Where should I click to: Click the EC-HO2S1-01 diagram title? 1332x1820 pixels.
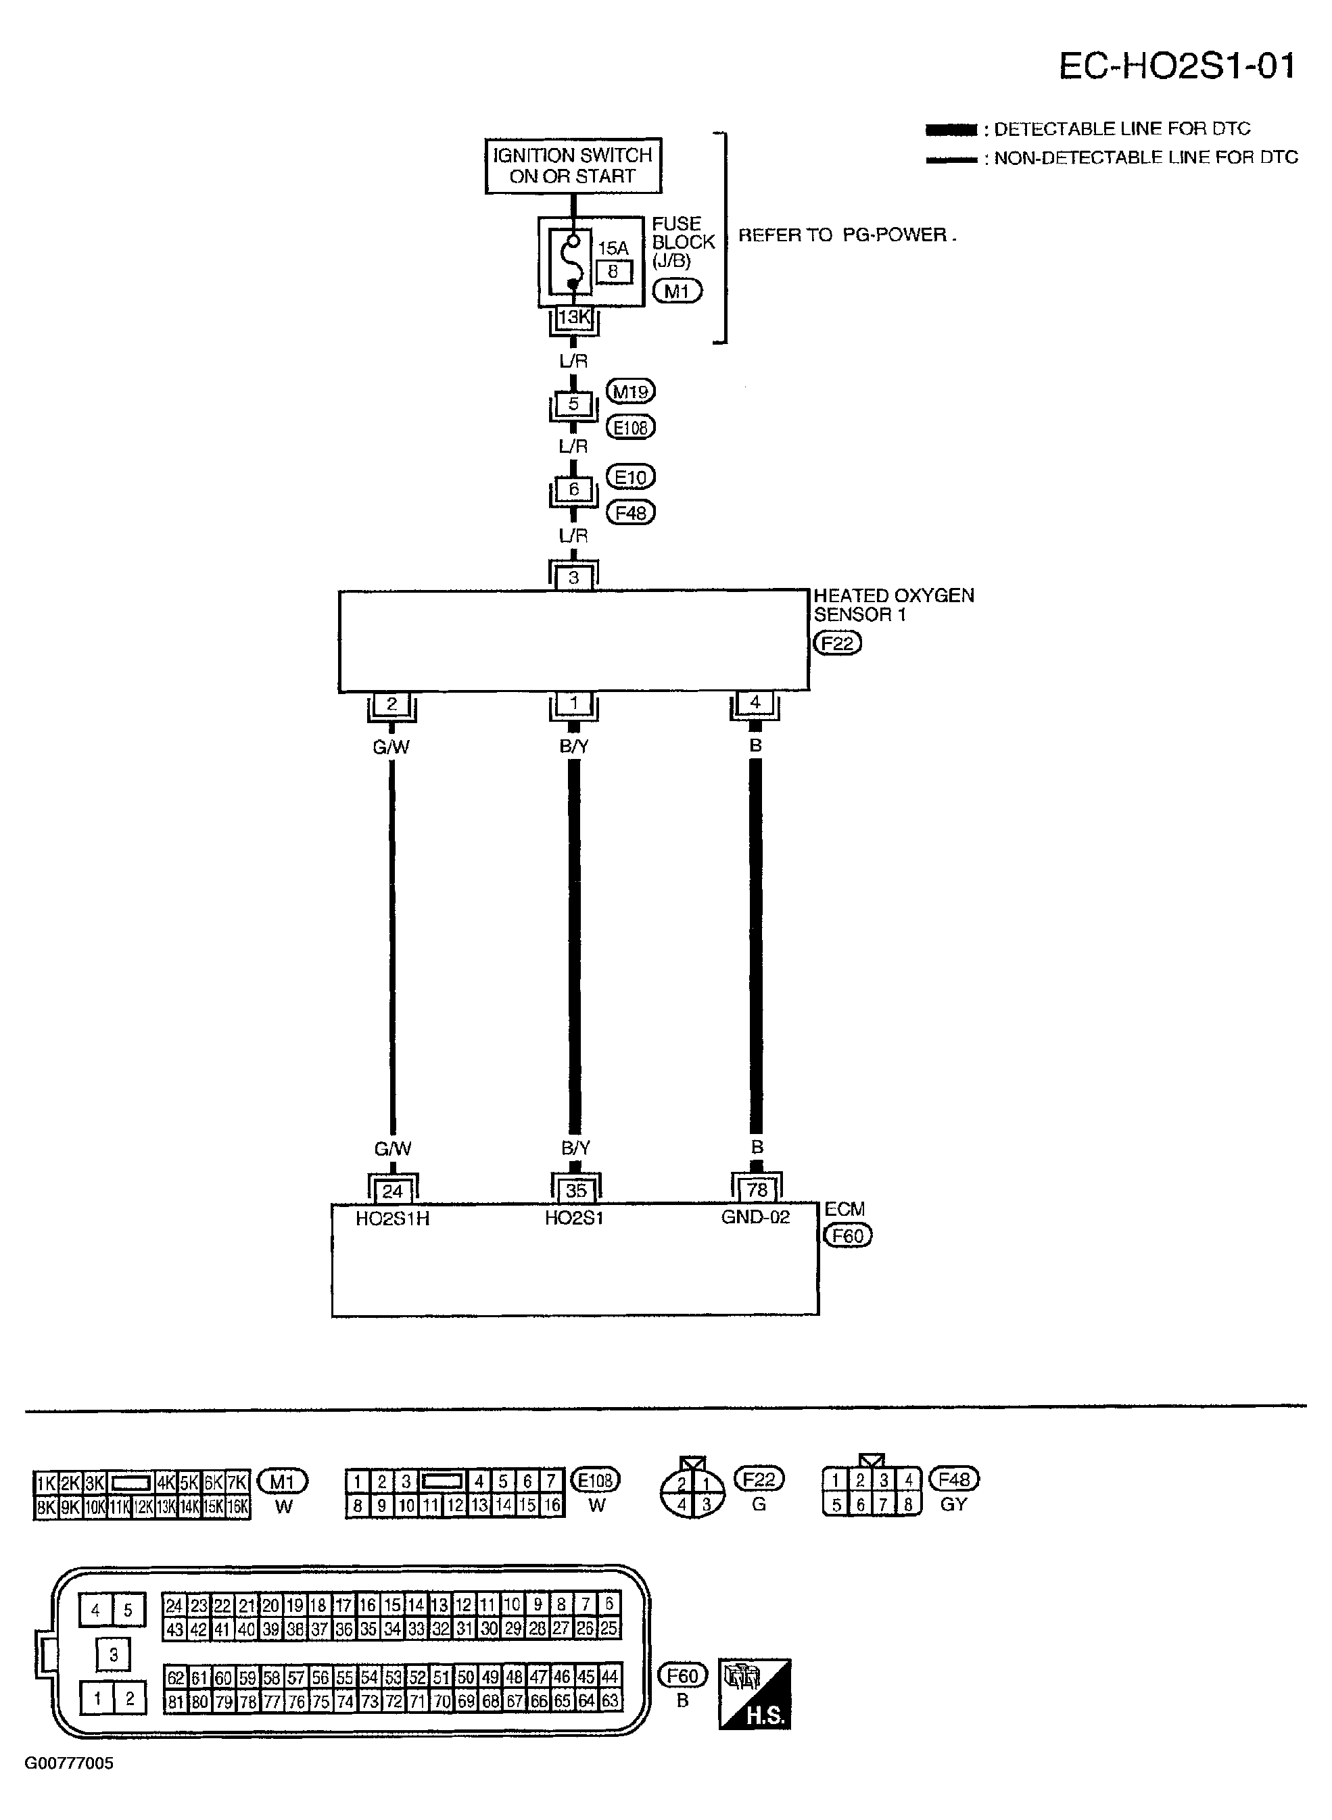pyautogui.click(x=1176, y=66)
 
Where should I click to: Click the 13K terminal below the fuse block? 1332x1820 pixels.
pyautogui.click(x=573, y=318)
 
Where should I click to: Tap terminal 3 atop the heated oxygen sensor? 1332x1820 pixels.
pyautogui.click(x=573, y=577)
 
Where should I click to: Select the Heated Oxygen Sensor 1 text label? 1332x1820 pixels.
pyautogui.click(x=893, y=604)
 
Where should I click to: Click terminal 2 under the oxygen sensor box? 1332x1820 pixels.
pyautogui.click(x=392, y=704)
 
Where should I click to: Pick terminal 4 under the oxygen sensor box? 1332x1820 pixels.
pyautogui.click(x=755, y=703)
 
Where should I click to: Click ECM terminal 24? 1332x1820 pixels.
pyautogui.click(x=393, y=1191)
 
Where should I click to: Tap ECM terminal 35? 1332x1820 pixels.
pyautogui.click(x=575, y=1191)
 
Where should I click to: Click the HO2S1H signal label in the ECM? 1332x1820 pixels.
pyautogui.click(x=393, y=1219)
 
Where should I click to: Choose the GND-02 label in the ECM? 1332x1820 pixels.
pyautogui.click(x=755, y=1217)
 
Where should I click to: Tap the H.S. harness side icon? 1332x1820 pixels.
pyautogui.click(x=755, y=1694)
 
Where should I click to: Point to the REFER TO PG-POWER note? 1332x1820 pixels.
pyautogui.click(x=847, y=235)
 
